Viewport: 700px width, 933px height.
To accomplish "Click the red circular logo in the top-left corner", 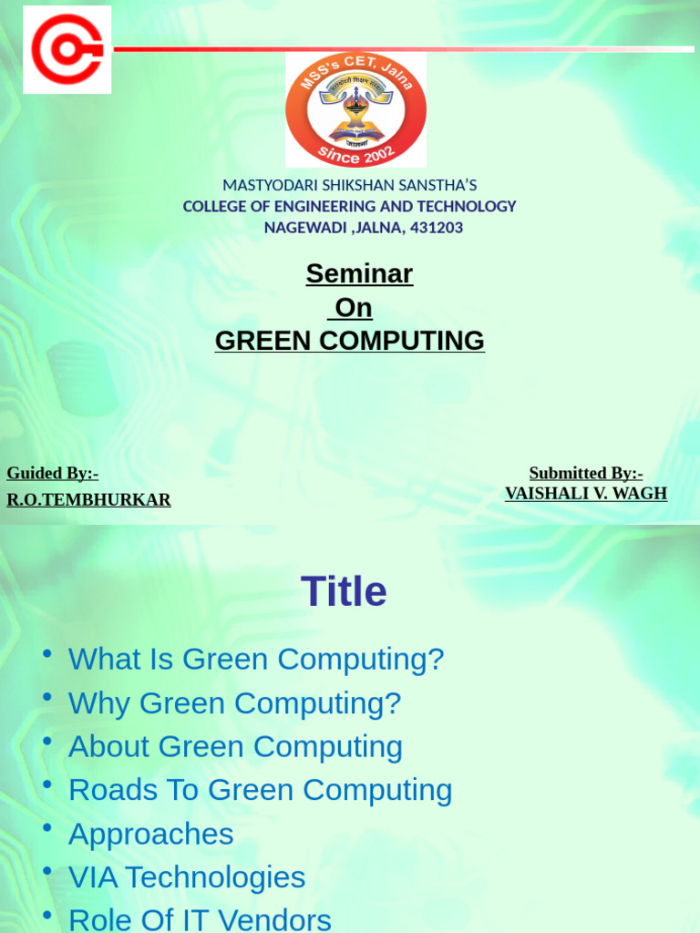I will tap(67, 50).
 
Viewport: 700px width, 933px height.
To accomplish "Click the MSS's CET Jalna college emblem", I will tap(355, 109).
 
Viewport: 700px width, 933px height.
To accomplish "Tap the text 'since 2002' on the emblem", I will tap(356, 153).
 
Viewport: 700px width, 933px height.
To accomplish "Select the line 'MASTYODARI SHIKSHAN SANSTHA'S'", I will tap(350, 186).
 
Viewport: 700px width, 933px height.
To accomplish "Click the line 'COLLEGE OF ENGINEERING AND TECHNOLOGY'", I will tap(350, 207).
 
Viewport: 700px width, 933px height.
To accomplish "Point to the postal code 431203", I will tap(437, 228).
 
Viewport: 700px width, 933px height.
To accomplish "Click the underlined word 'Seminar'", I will tap(359, 273).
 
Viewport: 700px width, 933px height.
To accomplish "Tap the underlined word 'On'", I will tap(353, 308).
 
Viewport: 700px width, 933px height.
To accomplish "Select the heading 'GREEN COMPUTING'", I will tap(350, 341).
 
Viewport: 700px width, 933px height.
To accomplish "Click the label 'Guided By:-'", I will tap(52, 473).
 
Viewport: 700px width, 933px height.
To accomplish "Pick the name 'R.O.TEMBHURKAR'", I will tap(88, 500).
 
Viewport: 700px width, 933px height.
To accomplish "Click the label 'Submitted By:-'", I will tap(586, 473).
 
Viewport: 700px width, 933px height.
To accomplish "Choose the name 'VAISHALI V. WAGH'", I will tap(586, 494).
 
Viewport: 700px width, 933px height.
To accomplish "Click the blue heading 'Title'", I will tap(344, 592).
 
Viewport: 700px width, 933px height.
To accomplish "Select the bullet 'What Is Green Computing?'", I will tap(256, 659).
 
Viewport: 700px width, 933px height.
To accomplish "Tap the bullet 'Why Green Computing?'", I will tap(234, 703).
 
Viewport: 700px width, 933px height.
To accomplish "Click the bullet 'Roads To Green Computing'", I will tap(260, 790).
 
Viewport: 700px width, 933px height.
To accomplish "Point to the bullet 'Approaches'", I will tap(151, 834).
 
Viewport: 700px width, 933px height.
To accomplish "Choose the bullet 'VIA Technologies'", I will tap(187, 877).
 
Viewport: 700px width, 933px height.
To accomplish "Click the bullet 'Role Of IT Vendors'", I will tap(200, 919).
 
